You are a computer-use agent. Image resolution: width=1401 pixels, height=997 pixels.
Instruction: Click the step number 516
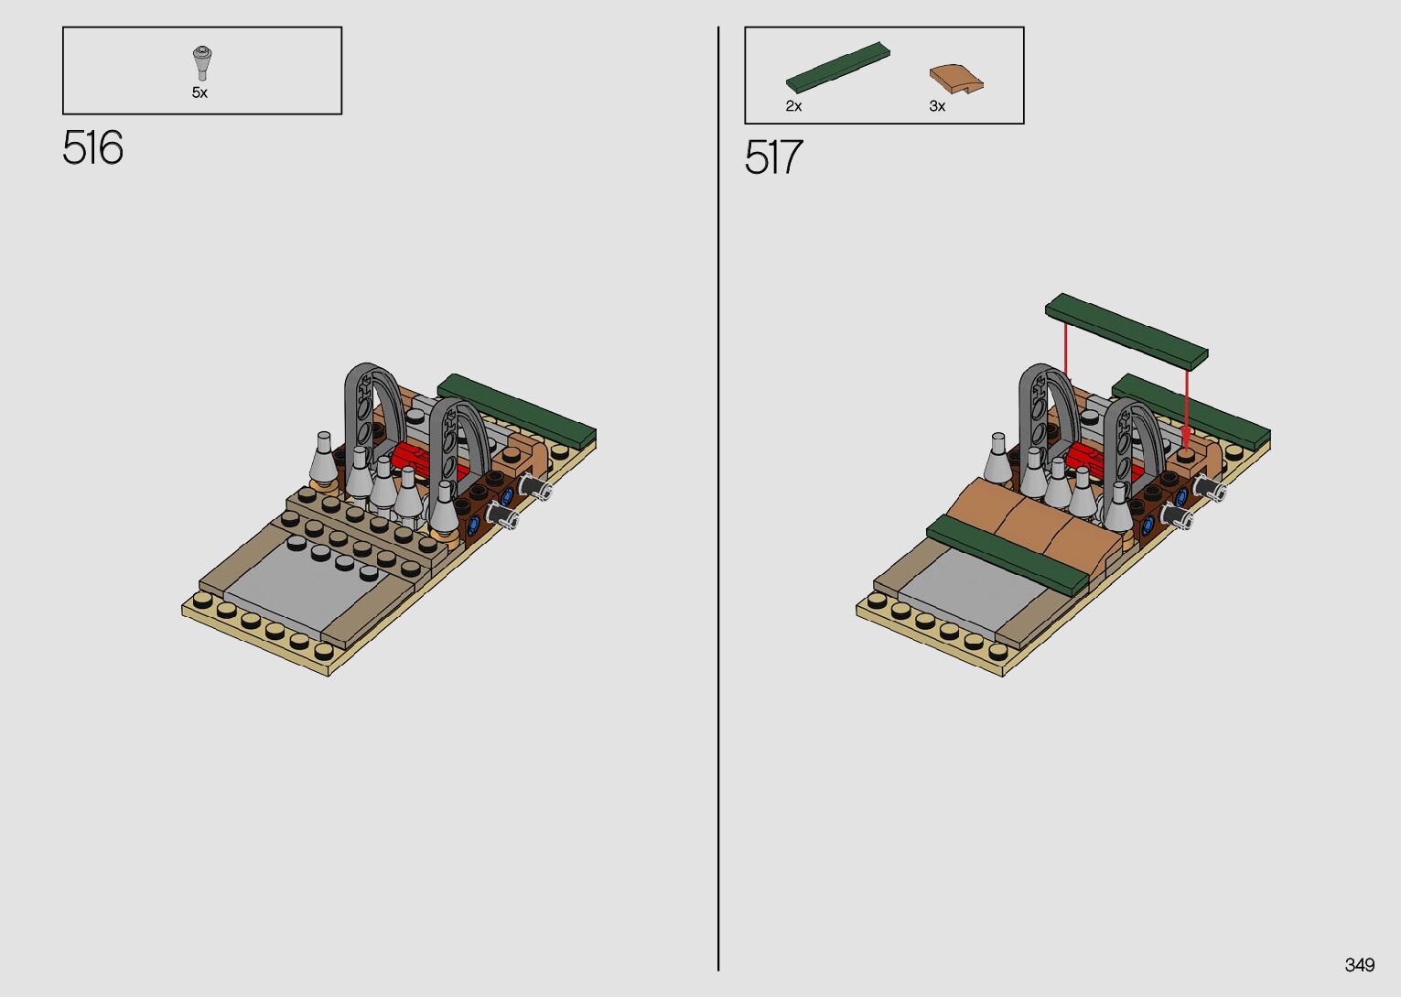[92, 147]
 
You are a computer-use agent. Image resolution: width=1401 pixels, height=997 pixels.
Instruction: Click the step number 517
[773, 157]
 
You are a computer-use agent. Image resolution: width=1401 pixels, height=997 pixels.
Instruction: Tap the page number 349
[1359, 964]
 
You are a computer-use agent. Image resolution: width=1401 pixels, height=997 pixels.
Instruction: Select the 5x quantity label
[199, 92]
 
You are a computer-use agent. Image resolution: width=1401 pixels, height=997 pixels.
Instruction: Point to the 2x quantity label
[793, 106]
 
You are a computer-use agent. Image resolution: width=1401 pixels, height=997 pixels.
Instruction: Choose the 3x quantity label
[937, 106]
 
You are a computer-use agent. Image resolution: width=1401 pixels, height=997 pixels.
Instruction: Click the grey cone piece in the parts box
[201, 64]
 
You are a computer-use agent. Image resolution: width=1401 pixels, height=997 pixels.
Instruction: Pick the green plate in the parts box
[838, 66]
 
